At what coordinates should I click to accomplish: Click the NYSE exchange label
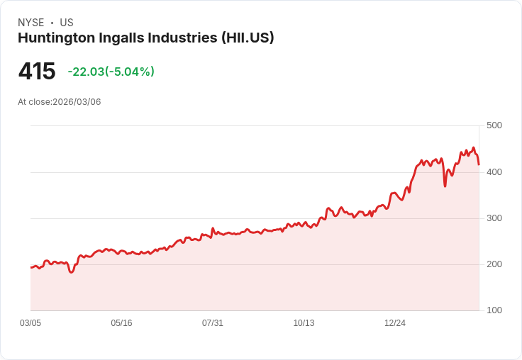[x=30, y=23]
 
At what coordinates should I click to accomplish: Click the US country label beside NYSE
[x=67, y=23]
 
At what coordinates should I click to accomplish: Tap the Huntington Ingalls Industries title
[x=118, y=38]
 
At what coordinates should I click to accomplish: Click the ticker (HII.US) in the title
[x=248, y=38]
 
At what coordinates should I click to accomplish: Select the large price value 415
[x=37, y=72]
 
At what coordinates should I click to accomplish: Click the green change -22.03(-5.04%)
[x=111, y=72]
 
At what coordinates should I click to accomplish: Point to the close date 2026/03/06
[x=77, y=102]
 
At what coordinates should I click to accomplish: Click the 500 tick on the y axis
[x=494, y=125]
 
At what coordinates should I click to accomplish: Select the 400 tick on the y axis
[x=494, y=172]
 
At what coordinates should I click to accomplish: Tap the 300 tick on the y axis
[x=494, y=218]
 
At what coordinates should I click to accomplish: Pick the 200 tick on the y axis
[x=494, y=264]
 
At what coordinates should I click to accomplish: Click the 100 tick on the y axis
[x=494, y=310]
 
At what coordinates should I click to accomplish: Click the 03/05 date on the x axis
[x=30, y=323]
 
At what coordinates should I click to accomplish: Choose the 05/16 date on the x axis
[x=121, y=323]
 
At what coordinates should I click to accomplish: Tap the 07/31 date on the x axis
[x=213, y=323]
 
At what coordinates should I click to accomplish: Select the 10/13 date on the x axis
[x=304, y=323]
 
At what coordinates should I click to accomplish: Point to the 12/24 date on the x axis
[x=395, y=323]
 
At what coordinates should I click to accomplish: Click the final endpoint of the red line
[x=479, y=164]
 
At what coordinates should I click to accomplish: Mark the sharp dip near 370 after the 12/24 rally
[x=445, y=186]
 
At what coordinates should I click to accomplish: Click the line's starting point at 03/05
[x=31, y=267]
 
